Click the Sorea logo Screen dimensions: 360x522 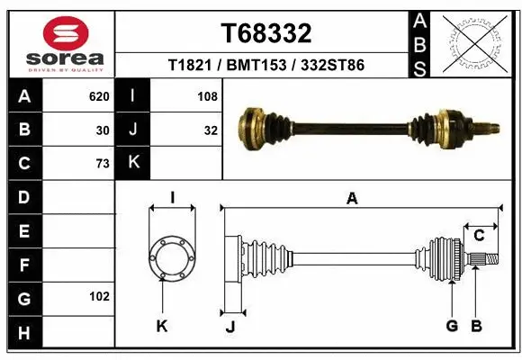66,43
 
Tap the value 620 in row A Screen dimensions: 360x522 99,96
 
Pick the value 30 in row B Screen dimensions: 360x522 103,130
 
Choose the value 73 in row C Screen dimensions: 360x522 103,164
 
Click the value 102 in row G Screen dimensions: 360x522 99,296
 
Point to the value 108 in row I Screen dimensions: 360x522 208,96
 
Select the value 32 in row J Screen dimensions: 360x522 211,130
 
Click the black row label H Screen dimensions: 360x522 23,332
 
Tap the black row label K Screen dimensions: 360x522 133,163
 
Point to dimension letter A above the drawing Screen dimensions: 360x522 352,198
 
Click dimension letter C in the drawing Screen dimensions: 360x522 480,236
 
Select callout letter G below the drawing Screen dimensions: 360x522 453,326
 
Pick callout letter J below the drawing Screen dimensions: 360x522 230,327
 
